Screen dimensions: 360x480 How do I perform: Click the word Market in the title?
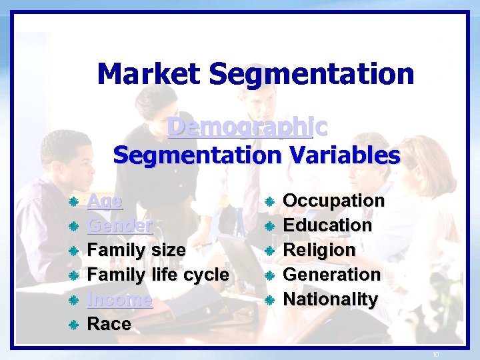(x=149, y=74)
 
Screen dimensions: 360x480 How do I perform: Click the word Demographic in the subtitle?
(x=247, y=127)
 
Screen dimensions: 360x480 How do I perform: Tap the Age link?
(x=105, y=201)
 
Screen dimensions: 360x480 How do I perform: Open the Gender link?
(x=121, y=225)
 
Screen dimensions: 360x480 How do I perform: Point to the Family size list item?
(x=137, y=250)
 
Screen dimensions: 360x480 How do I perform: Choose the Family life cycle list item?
(x=158, y=275)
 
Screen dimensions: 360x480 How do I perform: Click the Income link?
(x=120, y=299)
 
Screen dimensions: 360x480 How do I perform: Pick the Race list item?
(x=109, y=324)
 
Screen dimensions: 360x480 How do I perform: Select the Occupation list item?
(x=334, y=201)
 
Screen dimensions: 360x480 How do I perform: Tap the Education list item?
(x=327, y=225)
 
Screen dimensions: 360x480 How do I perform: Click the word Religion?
(x=319, y=250)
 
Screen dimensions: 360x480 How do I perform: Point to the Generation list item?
(x=332, y=275)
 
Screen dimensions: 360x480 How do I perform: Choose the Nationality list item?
(x=331, y=299)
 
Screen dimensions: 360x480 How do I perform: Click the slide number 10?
(x=435, y=354)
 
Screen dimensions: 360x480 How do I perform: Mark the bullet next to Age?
(x=75, y=201)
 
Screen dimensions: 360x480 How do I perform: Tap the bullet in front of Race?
(x=75, y=325)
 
